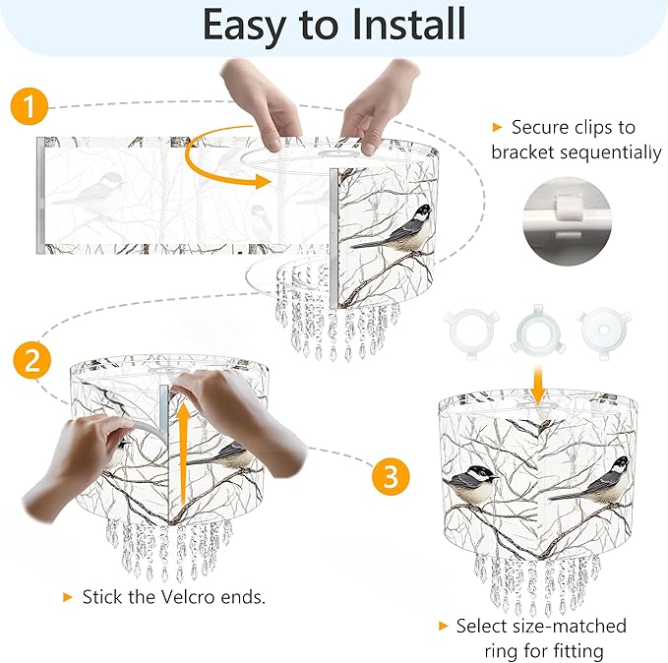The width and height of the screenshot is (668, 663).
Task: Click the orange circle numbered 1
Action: pyautogui.click(x=29, y=106)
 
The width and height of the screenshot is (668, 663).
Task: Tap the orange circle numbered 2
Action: pyautogui.click(x=31, y=360)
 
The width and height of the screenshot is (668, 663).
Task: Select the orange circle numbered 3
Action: pyautogui.click(x=391, y=476)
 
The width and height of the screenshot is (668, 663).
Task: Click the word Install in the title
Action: pyautogui.click(x=408, y=24)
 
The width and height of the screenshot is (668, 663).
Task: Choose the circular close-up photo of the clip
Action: pyautogui.click(x=568, y=221)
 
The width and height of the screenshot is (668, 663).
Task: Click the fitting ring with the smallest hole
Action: pyautogui.click(x=604, y=330)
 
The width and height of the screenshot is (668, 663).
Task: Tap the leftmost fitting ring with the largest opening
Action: pyautogui.click(x=471, y=330)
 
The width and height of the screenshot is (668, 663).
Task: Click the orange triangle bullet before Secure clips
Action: pyautogui.click(x=497, y=127)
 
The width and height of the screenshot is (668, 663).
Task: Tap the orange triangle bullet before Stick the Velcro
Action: pyautogui.click(x=67, y=597)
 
